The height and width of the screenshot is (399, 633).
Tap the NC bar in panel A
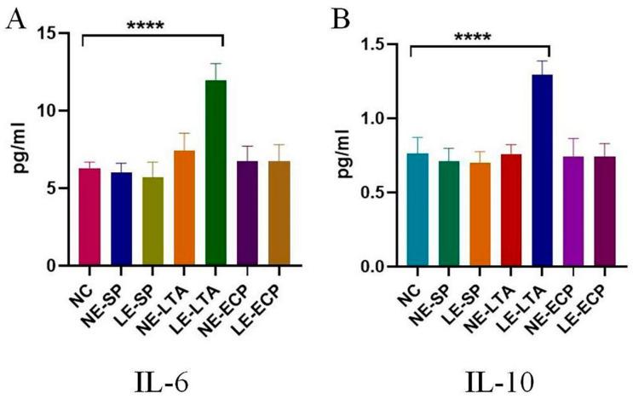coord(83,217)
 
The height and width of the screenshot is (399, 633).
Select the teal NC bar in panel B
coord(411,210)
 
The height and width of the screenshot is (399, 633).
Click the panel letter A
coord(14,19)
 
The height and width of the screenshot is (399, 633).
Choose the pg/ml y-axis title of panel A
coord(26,150)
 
